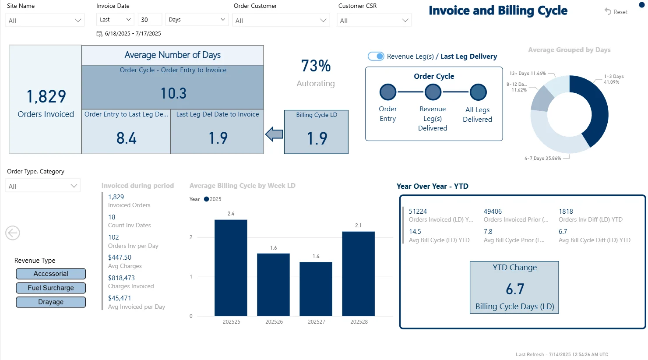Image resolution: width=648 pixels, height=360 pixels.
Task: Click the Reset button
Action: click(x=616, y=12)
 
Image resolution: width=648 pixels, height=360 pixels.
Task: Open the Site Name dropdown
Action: click(x=45, y=21)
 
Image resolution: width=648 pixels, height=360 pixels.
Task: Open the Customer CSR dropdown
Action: click(x=374, y=21)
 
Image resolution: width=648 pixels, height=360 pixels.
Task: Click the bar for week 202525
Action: click(x=231, y=268)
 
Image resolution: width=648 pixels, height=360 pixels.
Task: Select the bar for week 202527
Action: click(x=316, y=289)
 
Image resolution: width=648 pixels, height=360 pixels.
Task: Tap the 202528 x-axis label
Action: click(x=359, y=322)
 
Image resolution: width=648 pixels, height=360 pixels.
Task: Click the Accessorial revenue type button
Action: click(x=51, y=274)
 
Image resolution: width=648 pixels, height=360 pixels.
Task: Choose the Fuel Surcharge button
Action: click(x=51, y=288)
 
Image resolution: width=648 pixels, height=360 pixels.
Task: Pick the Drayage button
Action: click(x=51, y=302)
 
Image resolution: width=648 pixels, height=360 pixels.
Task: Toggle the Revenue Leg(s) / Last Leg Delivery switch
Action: click(x=376, y=56)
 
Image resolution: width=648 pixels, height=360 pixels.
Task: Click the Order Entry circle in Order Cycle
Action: click(x=388, y=92)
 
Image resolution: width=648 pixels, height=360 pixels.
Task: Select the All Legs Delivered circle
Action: click(x=478, y=92)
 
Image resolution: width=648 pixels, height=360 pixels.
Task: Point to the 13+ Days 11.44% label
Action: click(x=527, y=74)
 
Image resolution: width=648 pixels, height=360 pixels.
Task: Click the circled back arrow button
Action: click(x=13, y=233)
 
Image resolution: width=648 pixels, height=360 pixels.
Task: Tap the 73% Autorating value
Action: click(x=316, y=66)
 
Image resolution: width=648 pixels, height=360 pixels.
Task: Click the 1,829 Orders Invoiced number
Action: click(x=46, y=96)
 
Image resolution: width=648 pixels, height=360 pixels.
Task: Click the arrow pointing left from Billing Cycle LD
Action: click(x=275, y=134)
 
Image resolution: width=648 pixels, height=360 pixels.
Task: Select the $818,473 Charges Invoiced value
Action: click(x=121, y=278)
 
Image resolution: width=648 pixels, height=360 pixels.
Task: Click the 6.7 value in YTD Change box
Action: click(x=514, y=289)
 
